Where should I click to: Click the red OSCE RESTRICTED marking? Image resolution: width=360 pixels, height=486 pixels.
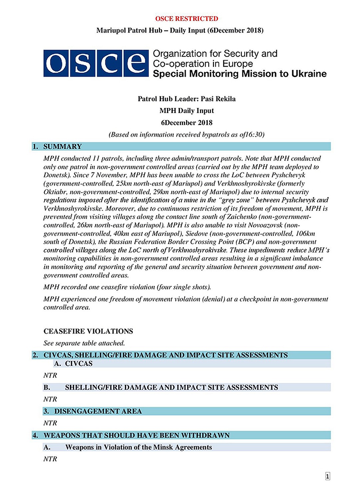(x=186, y=19)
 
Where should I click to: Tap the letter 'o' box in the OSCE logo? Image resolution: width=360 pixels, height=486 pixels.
(x=56, y=63)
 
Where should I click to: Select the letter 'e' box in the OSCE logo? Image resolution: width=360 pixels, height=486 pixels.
(x=136, y=63)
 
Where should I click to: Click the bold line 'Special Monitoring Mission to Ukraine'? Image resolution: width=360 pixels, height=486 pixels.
(x=239, y=74)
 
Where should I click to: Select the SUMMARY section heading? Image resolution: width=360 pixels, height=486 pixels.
(x=62, y=147)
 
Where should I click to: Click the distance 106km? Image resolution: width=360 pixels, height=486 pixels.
(x=305, y=234)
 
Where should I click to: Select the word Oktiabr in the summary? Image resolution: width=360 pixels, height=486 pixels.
(x=55, y=192)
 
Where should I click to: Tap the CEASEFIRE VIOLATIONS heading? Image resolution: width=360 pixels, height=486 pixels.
(x=88, y=331)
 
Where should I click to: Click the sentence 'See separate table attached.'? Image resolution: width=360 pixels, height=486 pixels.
(x=84, y=343)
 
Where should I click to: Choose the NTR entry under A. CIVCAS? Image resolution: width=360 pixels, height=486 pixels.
(x=50, y=375)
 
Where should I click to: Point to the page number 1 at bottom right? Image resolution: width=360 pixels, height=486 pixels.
(x=327, y=476)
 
